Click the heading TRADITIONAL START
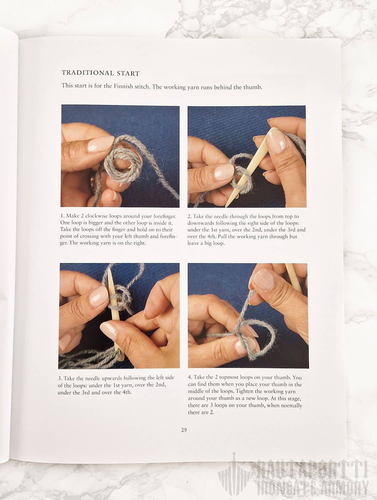pos(101,73)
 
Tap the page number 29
pos(184,430)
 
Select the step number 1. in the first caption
pos(62,216)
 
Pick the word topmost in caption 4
pos(229,378)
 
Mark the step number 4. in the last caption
pos(190,377)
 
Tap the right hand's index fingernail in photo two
pos(276,142)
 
